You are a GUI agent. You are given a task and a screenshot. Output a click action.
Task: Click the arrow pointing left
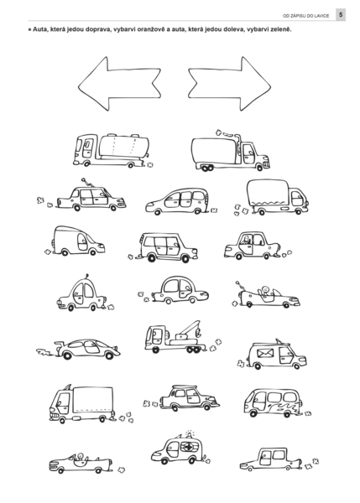(119, 84)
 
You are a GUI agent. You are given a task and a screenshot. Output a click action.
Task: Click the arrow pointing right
(229, 84)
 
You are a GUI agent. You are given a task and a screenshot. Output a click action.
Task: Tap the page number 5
(341, 15)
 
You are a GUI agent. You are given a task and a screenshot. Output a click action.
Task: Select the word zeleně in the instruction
(281, 29)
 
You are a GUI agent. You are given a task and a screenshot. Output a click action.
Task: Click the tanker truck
(112, 151)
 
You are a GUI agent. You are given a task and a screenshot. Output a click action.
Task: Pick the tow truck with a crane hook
(175, 337)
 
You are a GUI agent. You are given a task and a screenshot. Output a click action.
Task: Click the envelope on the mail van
(265, 353)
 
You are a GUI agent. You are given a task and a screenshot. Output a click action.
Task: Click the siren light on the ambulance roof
(190, 434)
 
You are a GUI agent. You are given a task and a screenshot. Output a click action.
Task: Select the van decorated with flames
(273, 402)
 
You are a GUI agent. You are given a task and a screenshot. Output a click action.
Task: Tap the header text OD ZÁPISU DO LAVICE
(306, 15)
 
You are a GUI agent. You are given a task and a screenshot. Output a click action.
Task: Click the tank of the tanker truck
(124, 146)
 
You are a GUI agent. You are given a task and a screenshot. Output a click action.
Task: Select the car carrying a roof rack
(190, 397)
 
